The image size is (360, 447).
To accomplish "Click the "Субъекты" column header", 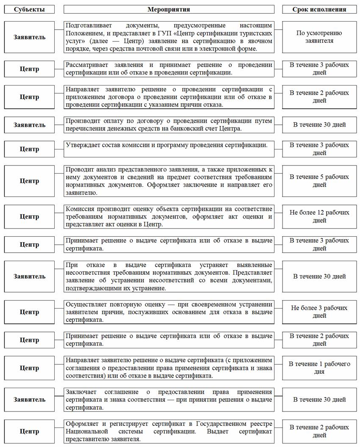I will point(29,9).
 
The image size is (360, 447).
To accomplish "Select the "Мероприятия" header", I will point(169,9).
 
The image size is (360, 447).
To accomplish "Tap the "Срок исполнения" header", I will point(319,9).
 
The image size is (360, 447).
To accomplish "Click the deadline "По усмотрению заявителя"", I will point(319,37).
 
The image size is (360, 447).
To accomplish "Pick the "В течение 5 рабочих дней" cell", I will point(319,181).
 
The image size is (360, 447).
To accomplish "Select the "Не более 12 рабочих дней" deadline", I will point(319,216).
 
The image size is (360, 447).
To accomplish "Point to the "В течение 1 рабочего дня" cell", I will point(319,367).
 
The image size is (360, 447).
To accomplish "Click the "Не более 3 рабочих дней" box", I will point(319,312).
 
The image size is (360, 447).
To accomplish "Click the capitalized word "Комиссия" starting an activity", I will point(80,209).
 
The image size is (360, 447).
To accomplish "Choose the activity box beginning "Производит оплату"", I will point(169,125).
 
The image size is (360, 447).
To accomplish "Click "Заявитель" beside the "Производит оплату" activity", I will point(29,125).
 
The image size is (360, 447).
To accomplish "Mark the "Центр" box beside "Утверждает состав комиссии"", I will point(29,149).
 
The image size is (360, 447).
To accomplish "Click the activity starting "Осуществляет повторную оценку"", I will point(169,312).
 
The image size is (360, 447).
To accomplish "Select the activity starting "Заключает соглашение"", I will point(169,400).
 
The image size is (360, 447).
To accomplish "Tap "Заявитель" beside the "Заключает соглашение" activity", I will point(29,400).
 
